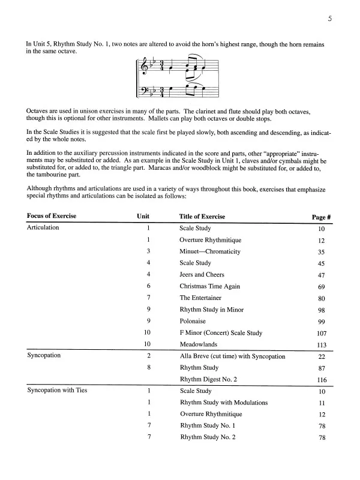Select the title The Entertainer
[200, 298]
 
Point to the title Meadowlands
[199, 344]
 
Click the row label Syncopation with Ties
[58, 391]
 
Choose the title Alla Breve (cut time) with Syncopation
[232, 356]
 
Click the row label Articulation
[43, 228]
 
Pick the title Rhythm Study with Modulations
[223, 402]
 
